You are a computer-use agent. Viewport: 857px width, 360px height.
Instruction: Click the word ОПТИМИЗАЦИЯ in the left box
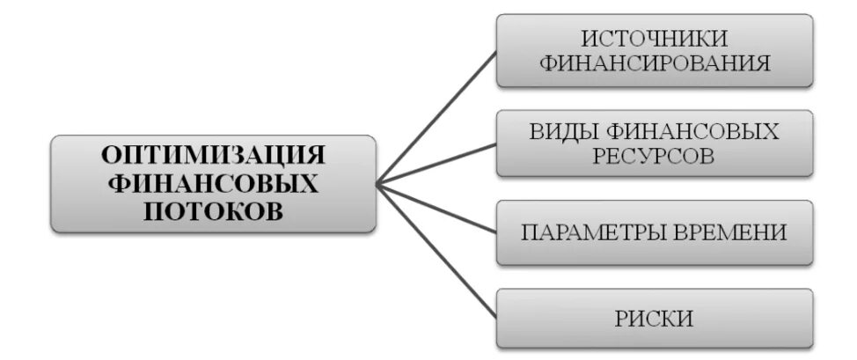coord(213,156)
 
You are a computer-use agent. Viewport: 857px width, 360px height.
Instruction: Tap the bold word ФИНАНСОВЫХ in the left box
coord(213,183)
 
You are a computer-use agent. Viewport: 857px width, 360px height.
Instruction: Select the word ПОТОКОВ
coord(213,210)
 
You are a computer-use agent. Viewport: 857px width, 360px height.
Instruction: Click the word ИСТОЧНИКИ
coord(656,38)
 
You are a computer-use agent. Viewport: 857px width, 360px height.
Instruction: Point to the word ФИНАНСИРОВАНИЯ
coord(656,63)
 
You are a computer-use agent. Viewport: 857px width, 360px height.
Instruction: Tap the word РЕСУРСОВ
coord(656,156)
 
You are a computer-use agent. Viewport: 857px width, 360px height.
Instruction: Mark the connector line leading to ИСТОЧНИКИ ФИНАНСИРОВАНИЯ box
coord(436,117)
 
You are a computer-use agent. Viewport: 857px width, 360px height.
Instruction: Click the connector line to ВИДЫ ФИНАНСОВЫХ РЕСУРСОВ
coord(436,164)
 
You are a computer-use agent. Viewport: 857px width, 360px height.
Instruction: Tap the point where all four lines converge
coord(377,184)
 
